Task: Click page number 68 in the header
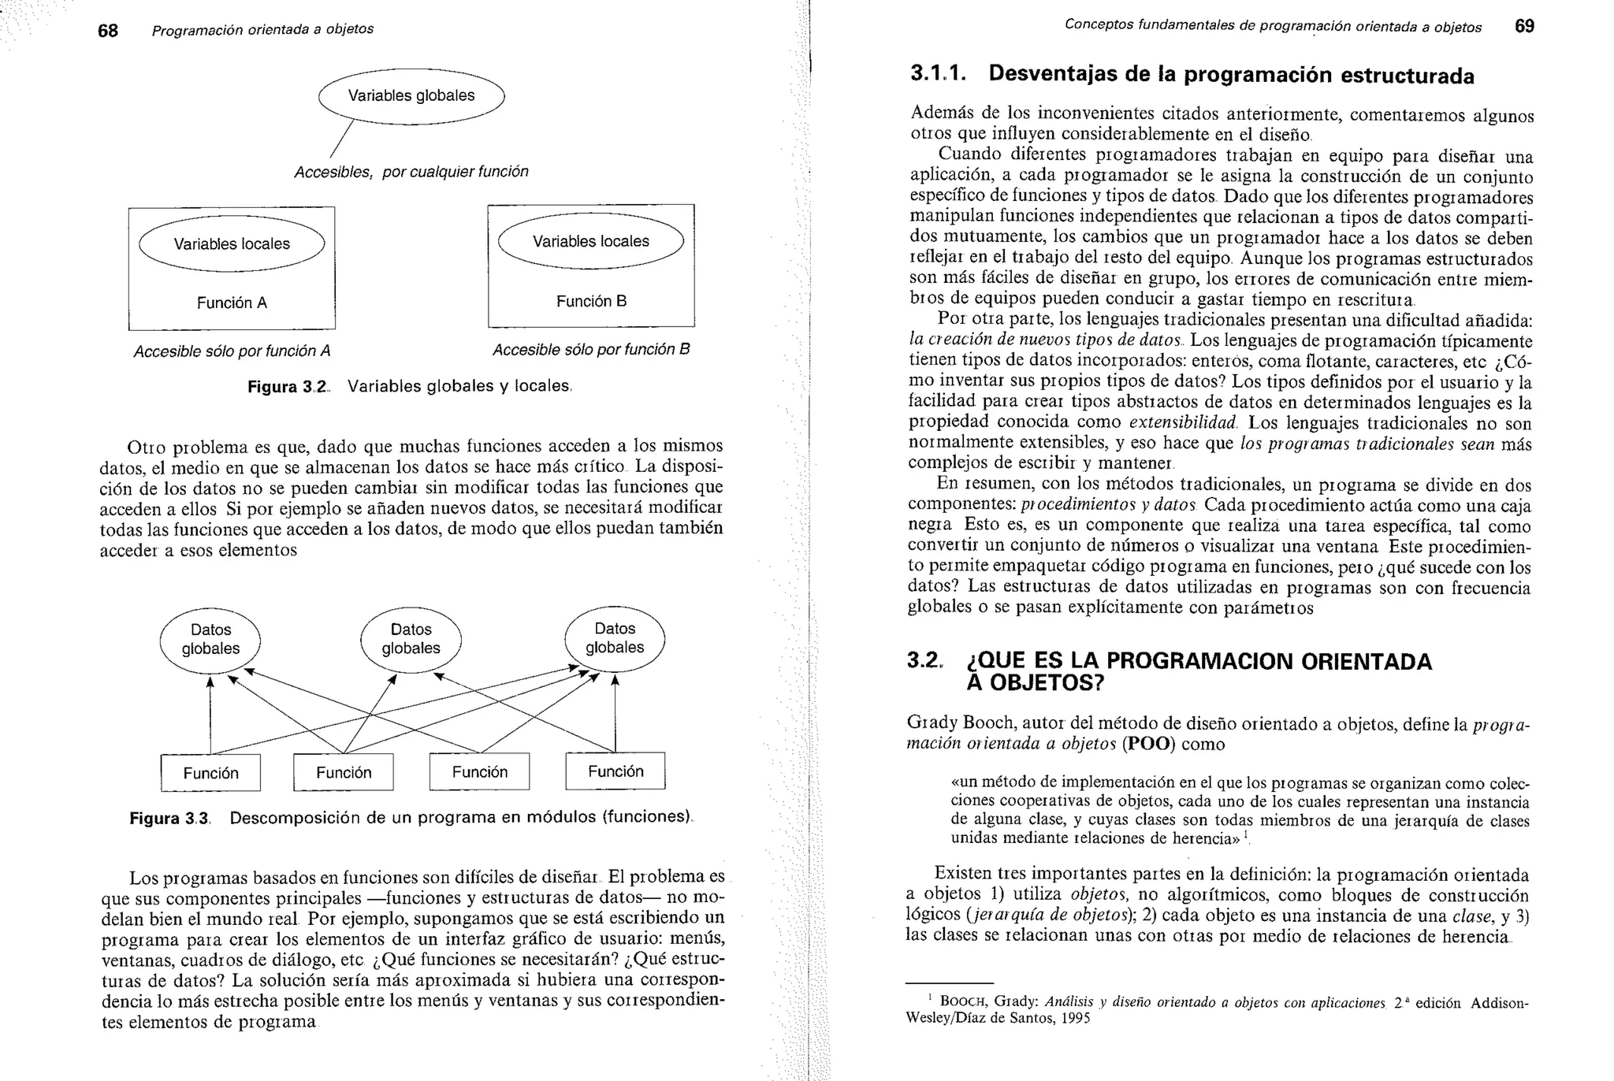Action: (108, 31)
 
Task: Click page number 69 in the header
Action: (1524, 27)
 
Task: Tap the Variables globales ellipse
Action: (411, 96)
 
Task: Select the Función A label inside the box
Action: (232, 303)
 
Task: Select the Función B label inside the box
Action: (591, 301)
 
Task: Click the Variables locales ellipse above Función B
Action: (591, 242)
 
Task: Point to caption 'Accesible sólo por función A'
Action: (232, 351)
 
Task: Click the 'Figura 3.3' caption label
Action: (169, 819)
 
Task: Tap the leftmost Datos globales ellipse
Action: (210, 640)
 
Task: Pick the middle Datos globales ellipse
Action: (411, 639)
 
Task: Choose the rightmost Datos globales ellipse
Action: (615, 638)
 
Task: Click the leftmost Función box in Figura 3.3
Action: (210, 774)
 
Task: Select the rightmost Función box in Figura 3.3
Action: (615, 771)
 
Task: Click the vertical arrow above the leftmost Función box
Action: (210, 714)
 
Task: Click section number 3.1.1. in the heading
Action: (938, 74)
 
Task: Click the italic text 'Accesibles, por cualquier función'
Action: (411, 172)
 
